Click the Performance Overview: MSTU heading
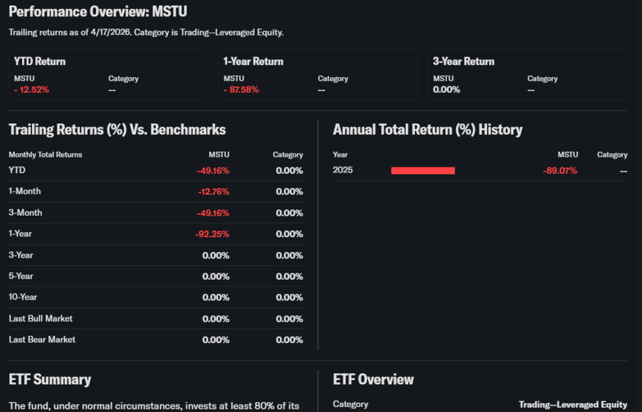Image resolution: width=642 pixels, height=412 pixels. [x=98, y=12]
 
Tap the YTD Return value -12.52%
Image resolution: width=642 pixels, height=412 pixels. [x=31, y=90]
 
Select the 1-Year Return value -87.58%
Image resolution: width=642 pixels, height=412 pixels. [x=241, y=90]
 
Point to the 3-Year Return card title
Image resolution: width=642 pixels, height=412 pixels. [x=463, y=61]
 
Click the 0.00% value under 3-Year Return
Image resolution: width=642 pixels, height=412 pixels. [x=446, y=90]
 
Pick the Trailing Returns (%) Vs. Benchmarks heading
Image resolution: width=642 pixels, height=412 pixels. [x=117, y=130]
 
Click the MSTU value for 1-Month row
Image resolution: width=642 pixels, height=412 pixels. [x=213, y=191]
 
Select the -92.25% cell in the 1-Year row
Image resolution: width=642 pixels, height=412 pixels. [x=212, y=234]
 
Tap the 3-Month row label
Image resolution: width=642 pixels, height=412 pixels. [x=25, y=213]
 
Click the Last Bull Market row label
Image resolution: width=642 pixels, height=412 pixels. [x=41, y=319]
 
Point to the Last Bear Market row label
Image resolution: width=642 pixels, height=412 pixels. [x=42, y=339]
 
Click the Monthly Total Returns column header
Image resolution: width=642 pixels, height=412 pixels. [x=45, y=154]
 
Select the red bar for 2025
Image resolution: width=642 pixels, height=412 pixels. [x=423, y=171]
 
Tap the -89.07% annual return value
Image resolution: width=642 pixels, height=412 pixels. [x=560, y=171]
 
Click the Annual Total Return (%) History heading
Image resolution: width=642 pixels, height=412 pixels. [x=428, y=130]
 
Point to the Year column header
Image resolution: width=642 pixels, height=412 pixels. [x=340, y=154]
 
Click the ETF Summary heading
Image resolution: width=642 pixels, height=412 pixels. [x=50, y=379]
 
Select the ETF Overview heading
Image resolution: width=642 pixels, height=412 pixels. [x=373, y=379]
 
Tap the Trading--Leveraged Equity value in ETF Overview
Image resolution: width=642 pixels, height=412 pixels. [x=572, y=404]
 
